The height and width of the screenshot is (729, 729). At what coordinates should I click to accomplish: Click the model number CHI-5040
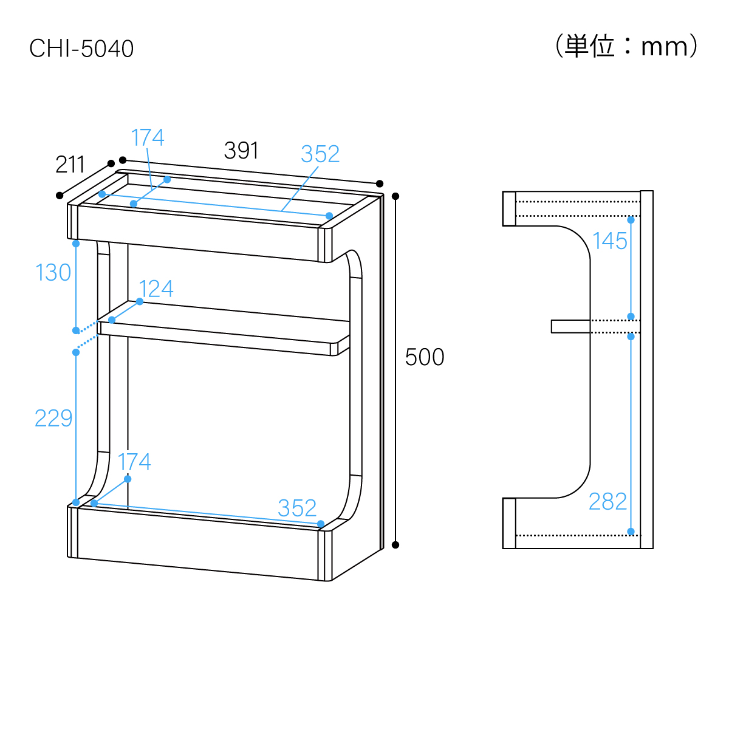click(x=81, y=49)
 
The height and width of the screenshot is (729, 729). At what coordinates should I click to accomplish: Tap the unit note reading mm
click(x=626, y=47)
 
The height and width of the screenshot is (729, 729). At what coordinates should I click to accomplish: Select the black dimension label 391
click(x=241, y=151)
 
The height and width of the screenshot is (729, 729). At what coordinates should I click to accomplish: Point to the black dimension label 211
click(x=70, y=165)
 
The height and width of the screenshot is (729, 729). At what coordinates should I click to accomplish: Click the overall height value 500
click(x=425, y=357)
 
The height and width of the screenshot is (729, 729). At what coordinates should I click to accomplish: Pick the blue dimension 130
click(x=53, y=273)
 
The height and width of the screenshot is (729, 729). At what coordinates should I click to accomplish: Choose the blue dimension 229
click(x=53, y=419)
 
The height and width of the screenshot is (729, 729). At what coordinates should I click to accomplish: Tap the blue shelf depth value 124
click(x=156, y=289)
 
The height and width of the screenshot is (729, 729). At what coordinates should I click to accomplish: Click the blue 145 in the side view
click(x=610, y=241)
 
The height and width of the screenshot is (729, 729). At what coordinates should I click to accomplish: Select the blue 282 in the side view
click(x=607, y=502)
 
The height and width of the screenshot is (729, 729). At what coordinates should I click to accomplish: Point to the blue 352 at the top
click(x=320, y=154)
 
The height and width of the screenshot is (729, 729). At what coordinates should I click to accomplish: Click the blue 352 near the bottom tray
click(x=297, y=508)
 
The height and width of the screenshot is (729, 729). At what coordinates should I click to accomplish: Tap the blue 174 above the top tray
click(x=148, y=138)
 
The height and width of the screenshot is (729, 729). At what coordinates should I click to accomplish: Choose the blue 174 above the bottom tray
click(x=134, y=462)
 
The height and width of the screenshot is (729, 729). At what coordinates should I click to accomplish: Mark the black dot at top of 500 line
click(x=395, y=196)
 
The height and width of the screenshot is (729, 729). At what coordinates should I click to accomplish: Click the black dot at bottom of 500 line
click(x=395, y=544)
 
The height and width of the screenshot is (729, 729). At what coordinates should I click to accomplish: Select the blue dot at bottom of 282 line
click(x=631, y=532)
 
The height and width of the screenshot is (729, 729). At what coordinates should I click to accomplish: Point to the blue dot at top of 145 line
click(x=631, y=220)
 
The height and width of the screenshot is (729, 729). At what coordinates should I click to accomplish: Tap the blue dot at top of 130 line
click(x=76, y=244)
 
